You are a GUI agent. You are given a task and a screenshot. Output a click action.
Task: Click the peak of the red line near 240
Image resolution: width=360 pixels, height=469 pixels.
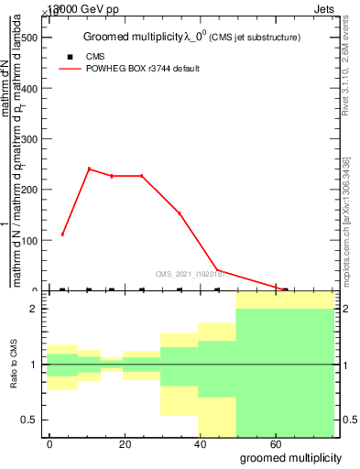tap(89, 169)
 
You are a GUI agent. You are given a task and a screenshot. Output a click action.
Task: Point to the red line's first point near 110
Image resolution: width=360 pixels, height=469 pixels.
tap(62, 234)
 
